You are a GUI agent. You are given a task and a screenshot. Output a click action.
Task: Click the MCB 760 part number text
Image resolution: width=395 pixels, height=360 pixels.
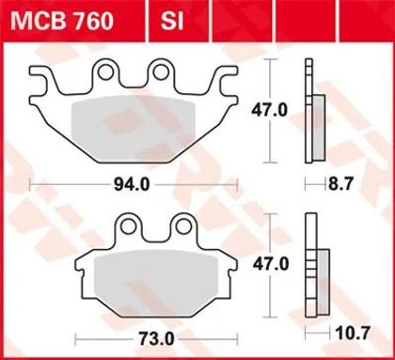tap(62, 21)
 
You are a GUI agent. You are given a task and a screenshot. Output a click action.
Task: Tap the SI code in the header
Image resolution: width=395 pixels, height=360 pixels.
tap(172, 21)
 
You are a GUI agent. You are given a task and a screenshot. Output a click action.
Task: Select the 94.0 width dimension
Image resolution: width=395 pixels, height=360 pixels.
tap(132, 184)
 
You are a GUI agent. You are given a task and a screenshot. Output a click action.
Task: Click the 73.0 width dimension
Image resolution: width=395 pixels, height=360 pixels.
tap(156, 338)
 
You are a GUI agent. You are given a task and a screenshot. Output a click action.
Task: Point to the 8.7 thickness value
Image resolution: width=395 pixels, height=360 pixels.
tap(340, 184)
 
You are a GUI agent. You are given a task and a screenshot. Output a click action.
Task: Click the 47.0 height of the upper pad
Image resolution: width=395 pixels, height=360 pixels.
tap(270, 110)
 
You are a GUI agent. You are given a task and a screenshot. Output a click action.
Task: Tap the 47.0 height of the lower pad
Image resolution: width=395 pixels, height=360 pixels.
tap(271, 265)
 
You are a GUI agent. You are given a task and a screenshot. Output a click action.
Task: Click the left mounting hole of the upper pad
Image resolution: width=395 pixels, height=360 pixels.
tap(105, 72)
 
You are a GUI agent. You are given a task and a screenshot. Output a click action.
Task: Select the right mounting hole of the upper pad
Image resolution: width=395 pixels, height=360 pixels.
tap(161, 72)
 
